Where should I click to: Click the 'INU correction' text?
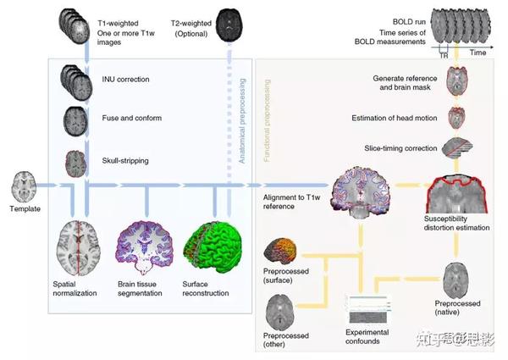[x=125, y=80]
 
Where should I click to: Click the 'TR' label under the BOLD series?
[x=443, y=54]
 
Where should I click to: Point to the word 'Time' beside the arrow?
[x=478, y=52]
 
